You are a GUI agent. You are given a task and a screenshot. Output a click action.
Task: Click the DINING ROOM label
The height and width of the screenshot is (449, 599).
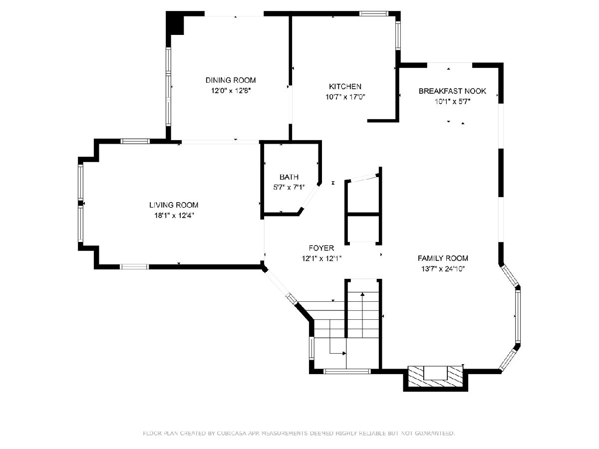click(x=231, y=80)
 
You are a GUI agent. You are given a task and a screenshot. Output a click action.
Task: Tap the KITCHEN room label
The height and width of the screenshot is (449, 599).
click(x=345, y=86)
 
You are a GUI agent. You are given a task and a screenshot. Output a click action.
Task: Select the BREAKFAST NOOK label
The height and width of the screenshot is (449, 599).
click(x=452, y=91)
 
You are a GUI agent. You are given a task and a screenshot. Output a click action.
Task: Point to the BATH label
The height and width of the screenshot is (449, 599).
click(x=289, y=177)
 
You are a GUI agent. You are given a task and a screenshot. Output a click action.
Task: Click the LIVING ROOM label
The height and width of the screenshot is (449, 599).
click(x=174, y=205)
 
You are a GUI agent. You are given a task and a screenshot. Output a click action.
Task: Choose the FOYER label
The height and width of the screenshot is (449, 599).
click(x=321, y=248)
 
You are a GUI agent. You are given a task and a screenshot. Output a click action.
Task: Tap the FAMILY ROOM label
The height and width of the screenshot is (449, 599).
click(x=443, y=258)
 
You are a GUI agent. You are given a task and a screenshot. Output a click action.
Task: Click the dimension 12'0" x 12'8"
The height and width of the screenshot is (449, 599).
click(x=231, y=91)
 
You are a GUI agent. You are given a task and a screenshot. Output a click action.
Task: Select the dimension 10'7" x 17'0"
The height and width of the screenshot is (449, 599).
click(x=345, y=97)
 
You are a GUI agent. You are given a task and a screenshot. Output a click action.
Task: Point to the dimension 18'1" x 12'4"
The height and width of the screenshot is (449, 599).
click(x=174, y=216)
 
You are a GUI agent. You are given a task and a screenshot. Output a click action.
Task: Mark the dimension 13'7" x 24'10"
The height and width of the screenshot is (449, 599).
click(x=443, y=269)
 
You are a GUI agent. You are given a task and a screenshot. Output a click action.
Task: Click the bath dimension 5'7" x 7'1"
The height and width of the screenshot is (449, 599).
click(x=289, y=187)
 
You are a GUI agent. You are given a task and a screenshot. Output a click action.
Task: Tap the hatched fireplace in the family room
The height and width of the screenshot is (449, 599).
click(x=436, y=377)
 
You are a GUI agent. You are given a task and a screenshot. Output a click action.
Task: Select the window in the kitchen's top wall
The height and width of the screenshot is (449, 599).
click(x=373, y=13)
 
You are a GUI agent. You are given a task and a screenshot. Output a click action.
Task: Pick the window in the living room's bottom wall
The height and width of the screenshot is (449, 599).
click(x=135, y=266)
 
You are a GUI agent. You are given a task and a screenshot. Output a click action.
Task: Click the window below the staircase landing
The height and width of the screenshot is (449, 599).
click(x=347, y=371)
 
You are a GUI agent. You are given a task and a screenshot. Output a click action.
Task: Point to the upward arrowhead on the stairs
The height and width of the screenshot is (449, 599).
click(x=362, y=294)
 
